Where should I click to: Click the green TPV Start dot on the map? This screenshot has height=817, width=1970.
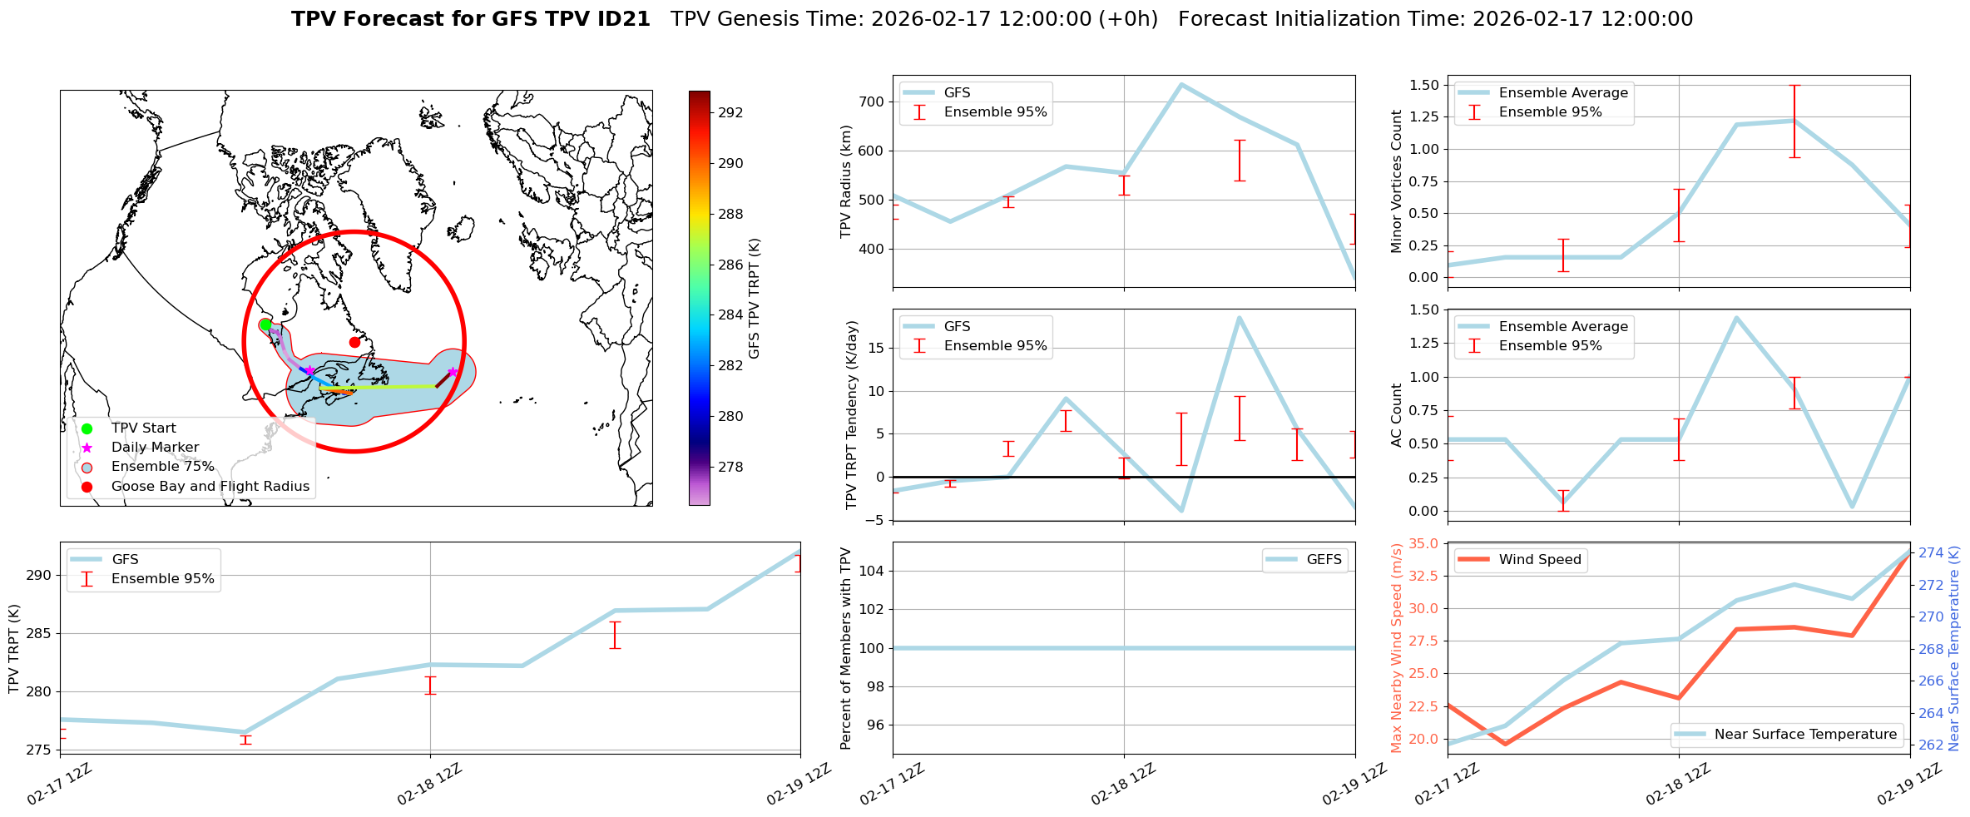(265, 325)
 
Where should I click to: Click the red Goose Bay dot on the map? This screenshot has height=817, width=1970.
(354, 342)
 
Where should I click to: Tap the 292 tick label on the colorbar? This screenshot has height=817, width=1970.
(730, 113)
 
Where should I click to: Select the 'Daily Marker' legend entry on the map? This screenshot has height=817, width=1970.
(155, 448)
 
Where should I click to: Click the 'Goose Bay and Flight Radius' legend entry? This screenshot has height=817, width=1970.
(210, 487)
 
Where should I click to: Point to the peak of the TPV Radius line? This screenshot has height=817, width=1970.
(1181, 84)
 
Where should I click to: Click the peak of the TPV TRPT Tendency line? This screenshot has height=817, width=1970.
(1239, 317)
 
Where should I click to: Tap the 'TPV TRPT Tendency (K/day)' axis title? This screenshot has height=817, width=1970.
(851, 415)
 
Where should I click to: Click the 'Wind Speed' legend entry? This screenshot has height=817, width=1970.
(1539, 560)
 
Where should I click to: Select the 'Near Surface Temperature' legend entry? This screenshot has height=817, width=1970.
(1805, 735)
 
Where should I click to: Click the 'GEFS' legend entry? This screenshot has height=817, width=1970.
(1324, 560)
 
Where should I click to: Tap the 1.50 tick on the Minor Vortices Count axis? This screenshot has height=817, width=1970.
(1424, 86)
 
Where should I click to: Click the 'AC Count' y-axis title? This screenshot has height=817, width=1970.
(1397, 415)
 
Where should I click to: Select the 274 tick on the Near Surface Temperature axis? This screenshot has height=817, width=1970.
(1931, 553)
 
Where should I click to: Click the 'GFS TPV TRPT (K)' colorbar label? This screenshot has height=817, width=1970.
(755, 299)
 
